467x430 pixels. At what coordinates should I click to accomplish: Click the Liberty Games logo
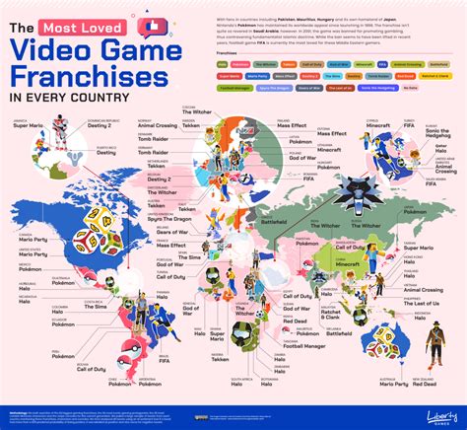[426, 408]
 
